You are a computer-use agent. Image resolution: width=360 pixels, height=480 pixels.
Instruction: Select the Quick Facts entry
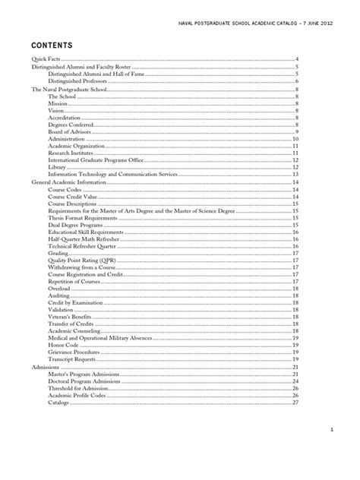[x=45, y=59]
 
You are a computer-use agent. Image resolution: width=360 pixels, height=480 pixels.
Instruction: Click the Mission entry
[x=58, y=103]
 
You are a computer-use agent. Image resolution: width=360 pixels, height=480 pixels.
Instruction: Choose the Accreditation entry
[x=65, y=118]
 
